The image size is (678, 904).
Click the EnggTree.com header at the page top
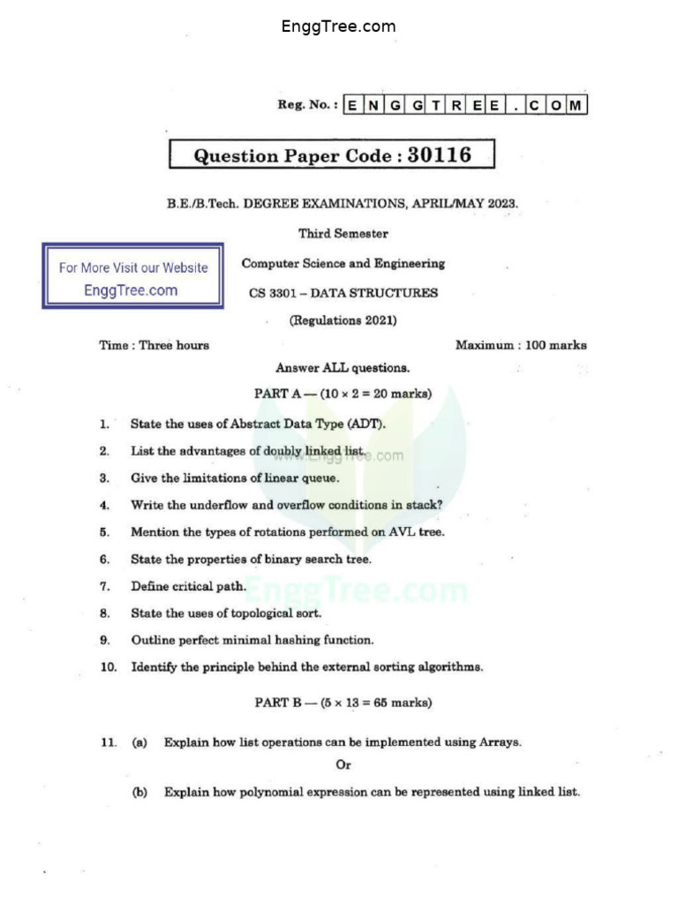(338, 26)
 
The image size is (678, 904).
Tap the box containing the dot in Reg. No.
(514, 106)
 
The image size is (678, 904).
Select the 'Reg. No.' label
(306, 105)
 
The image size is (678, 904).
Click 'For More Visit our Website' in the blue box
(133, 267)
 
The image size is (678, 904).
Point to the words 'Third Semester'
(343, 234)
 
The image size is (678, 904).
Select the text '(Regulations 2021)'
(343, 320)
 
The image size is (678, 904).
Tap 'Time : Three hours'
(154, 345)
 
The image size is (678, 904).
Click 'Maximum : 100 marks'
(521, 345)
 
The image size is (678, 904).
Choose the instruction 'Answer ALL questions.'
(343, 368)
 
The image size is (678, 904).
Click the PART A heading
(343, 394)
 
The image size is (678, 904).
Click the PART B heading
(343, 703)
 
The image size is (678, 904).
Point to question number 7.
(104, 586)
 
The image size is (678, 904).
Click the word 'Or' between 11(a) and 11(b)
(343, 765)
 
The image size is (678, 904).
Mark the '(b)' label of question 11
(139, 792)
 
